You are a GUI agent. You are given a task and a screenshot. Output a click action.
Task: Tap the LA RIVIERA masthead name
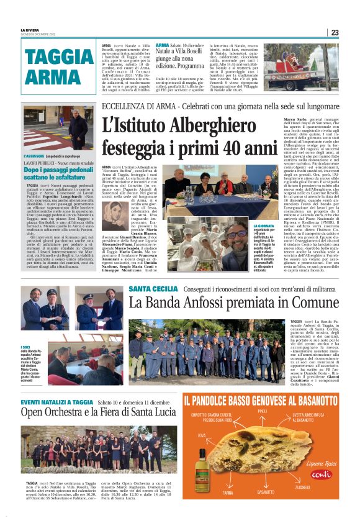32,29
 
